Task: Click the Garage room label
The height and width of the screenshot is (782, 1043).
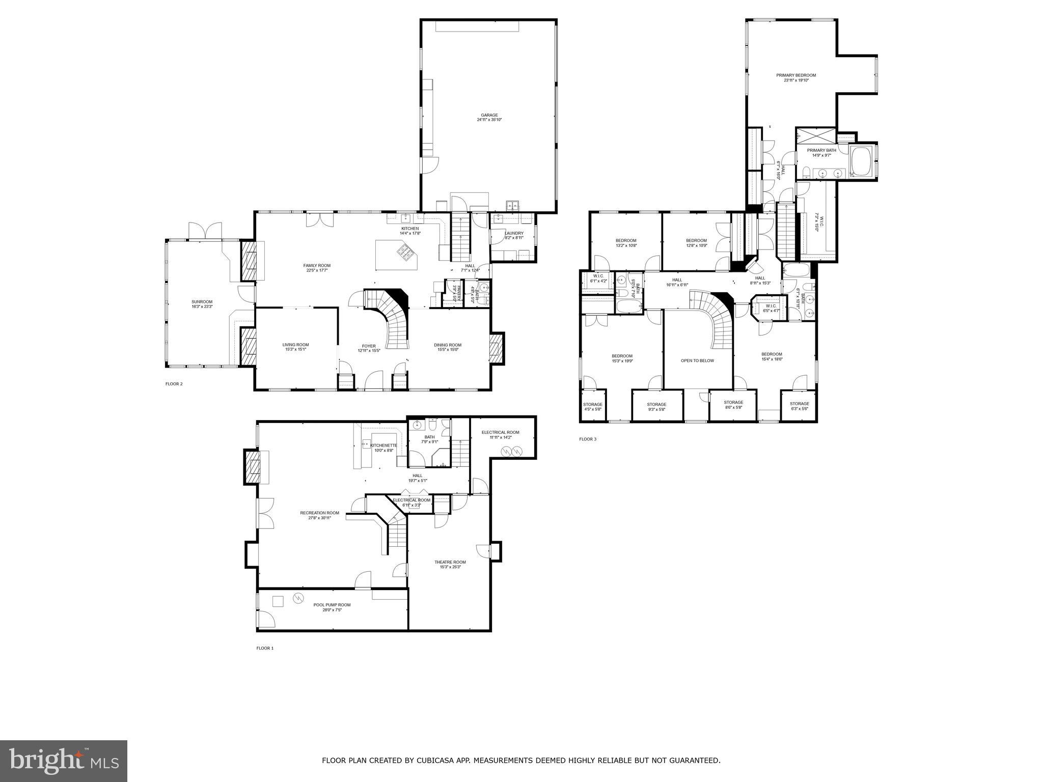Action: [x=487, y=115]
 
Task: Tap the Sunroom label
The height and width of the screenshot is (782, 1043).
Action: [x=202, y=302]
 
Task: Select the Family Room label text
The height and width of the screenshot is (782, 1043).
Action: [x=317, y=265]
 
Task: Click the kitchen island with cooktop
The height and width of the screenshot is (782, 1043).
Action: [x=397, y=256]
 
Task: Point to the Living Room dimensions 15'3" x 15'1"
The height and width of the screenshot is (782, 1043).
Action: [x=295, y=350]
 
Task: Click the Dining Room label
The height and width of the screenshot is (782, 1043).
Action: [x=448, y=345]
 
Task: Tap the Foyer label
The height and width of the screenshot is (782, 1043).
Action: [x=369, y=346]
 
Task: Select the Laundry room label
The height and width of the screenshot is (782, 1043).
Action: [x=514, y=233]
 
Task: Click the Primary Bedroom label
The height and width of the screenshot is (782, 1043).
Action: [x=795, y=75]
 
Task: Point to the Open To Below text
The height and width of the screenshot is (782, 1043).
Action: [x=697, y=360]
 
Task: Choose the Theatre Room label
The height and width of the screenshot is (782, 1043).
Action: [x=450, y=562]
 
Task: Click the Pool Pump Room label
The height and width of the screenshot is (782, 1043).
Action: [x=332, y=605]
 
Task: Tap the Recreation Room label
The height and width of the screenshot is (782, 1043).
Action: [x=319, y=513]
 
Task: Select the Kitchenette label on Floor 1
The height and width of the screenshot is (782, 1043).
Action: [x=383, y=445]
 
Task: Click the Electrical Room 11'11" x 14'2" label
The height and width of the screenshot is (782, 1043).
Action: [x=500, y=432]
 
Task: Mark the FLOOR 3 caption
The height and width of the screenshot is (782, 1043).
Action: [x=587, y=439]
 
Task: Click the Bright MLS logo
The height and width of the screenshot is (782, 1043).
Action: [x=64, y=761]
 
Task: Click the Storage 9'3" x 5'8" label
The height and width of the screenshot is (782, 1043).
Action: [x=656, y=404]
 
